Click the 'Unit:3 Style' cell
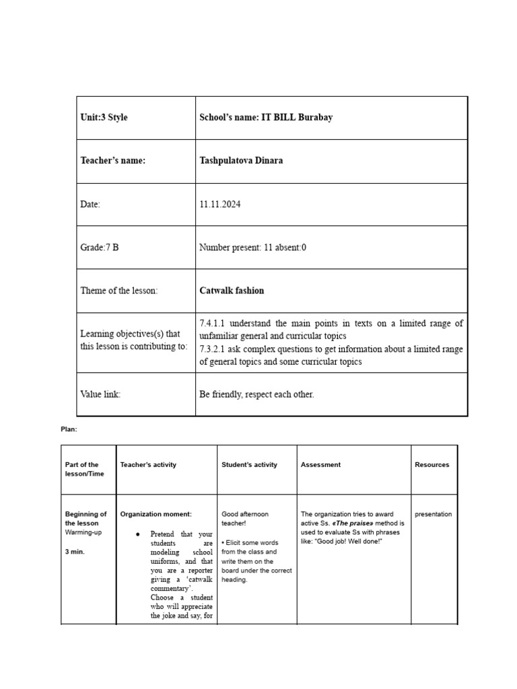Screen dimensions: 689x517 [104, 117]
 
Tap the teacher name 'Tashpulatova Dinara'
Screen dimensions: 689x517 [241, 161]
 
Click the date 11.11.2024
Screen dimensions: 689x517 [219, 205]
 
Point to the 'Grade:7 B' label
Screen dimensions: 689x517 [100, 248]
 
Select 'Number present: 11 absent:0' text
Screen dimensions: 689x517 [252, 248]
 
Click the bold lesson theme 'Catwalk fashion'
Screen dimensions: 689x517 [232, 291]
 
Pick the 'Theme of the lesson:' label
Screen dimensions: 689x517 [118, 291]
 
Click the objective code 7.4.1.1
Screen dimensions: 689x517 [213, 324]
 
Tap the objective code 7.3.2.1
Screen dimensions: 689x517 [213, 349]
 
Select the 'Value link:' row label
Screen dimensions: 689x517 [100, 394]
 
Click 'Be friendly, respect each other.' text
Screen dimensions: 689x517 [256, 394]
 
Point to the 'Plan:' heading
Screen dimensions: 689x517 [69, 429]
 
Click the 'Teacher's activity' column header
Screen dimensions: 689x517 [148, 465]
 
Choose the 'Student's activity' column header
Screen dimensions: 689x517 [249, 465]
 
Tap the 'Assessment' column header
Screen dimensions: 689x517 [320, 465]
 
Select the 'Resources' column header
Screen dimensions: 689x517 [432, 465]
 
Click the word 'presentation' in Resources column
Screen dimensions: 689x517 [433, 514]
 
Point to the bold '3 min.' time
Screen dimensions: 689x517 [75, 551]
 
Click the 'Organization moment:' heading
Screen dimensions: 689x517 [156, 514]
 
